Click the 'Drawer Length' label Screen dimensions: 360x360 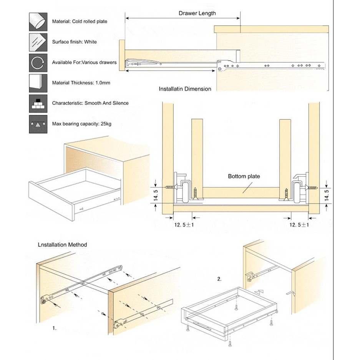tap(197, 13)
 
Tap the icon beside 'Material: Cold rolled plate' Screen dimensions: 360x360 tap(38, 22)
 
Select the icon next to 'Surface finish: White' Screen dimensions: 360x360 tap(38, 42)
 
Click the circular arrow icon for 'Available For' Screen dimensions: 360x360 tap(38, 62)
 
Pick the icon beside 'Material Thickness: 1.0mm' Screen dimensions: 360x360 tap(38, 82)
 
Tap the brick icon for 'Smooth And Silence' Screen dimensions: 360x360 tap(38, 103)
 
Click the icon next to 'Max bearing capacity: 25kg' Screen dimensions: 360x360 tap(38, 124)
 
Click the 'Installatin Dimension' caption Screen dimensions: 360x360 tap(185, 89)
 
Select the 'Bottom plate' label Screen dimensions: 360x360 tap(244, 177)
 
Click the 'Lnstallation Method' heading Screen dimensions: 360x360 tap(62, 245)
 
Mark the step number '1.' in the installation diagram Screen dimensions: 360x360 tap(55, 328)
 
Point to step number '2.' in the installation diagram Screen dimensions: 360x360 tap(219, 279)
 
